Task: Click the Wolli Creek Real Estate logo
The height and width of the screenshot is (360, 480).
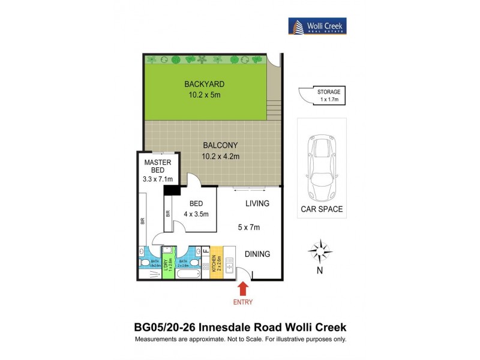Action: [317, 26]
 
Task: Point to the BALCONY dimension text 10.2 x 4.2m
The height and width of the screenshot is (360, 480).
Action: [220, 157]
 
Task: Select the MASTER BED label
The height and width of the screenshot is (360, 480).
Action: [158, 166]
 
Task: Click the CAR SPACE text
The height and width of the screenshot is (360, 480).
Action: [322, 209]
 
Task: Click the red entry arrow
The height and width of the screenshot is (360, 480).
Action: [244, 289]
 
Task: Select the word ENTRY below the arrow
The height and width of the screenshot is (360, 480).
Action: [243, 302]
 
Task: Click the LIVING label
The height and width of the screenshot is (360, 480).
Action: [257, 204]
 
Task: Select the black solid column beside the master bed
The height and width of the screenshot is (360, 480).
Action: [172, 190]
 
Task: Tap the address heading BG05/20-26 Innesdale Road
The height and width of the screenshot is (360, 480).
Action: [239, 328]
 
